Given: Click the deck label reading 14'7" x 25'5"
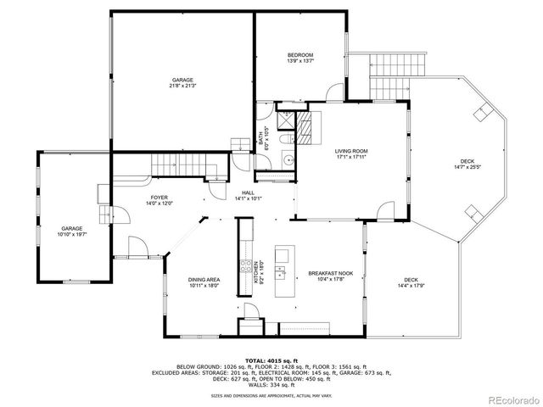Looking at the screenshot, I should pos(467,164).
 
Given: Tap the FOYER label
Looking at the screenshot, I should pos(136,199).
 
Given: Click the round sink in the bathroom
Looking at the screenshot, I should pos(288,159).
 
